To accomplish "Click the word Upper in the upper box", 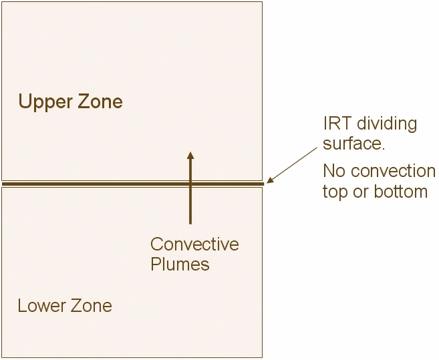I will point(44,102).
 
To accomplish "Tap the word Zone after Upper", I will point(99,102).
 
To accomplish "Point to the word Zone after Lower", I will point(90,307).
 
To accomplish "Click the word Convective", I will point(194,244).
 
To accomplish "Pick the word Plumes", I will point(180,264).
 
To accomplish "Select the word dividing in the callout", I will point(388,124).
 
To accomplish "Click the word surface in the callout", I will point(352,144).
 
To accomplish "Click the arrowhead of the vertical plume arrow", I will point(190,156).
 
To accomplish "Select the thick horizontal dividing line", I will point(100,184).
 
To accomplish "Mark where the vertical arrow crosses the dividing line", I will point(190,184).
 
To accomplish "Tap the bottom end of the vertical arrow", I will point(190,222).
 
